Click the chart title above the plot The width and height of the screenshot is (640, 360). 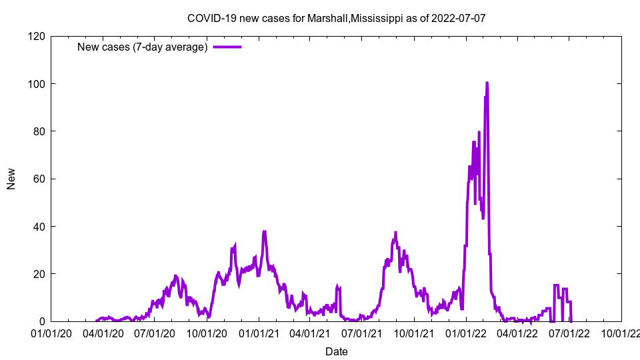point(336,18)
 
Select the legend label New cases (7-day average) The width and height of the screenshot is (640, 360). point(142,47)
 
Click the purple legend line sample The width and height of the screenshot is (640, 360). point(227,47)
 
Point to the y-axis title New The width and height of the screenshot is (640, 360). point(11,179)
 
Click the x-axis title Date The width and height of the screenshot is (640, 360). point(336,351)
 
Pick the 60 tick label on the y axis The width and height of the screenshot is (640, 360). point(37,179)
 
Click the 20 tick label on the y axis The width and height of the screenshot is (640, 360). point(37,274)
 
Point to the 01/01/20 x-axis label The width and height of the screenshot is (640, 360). point(51,333)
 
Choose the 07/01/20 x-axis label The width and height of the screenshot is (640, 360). point(154,333)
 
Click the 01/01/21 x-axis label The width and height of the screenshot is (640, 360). point(259,333)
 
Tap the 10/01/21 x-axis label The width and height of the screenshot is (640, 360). point(414,333)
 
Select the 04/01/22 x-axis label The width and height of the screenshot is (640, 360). point(517,333)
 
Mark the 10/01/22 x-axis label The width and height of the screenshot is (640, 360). point(621,333)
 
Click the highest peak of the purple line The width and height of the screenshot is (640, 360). point(487,83)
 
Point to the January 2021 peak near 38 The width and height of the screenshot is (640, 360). point(265,232)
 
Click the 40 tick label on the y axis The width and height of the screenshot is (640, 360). point(37,227)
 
